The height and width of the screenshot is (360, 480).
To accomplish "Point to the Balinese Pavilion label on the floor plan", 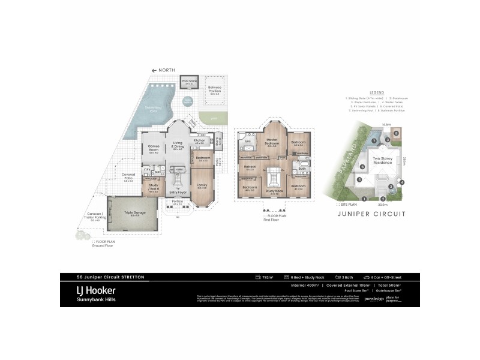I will click(214, 91).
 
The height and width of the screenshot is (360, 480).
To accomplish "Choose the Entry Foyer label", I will click(178, 192).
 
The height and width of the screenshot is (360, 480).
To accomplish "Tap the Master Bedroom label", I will click(274, 142).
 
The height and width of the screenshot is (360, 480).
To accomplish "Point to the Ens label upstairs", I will click(247, 142).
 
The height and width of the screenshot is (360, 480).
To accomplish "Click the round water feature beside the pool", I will click(188, 101).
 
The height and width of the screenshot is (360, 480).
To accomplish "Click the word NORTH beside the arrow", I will click(167, 70).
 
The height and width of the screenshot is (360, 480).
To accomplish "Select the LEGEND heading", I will click(368, 92).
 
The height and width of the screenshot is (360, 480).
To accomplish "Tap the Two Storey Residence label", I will click(382, 160).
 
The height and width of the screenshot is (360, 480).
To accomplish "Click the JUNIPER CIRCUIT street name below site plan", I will click(372, 214).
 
